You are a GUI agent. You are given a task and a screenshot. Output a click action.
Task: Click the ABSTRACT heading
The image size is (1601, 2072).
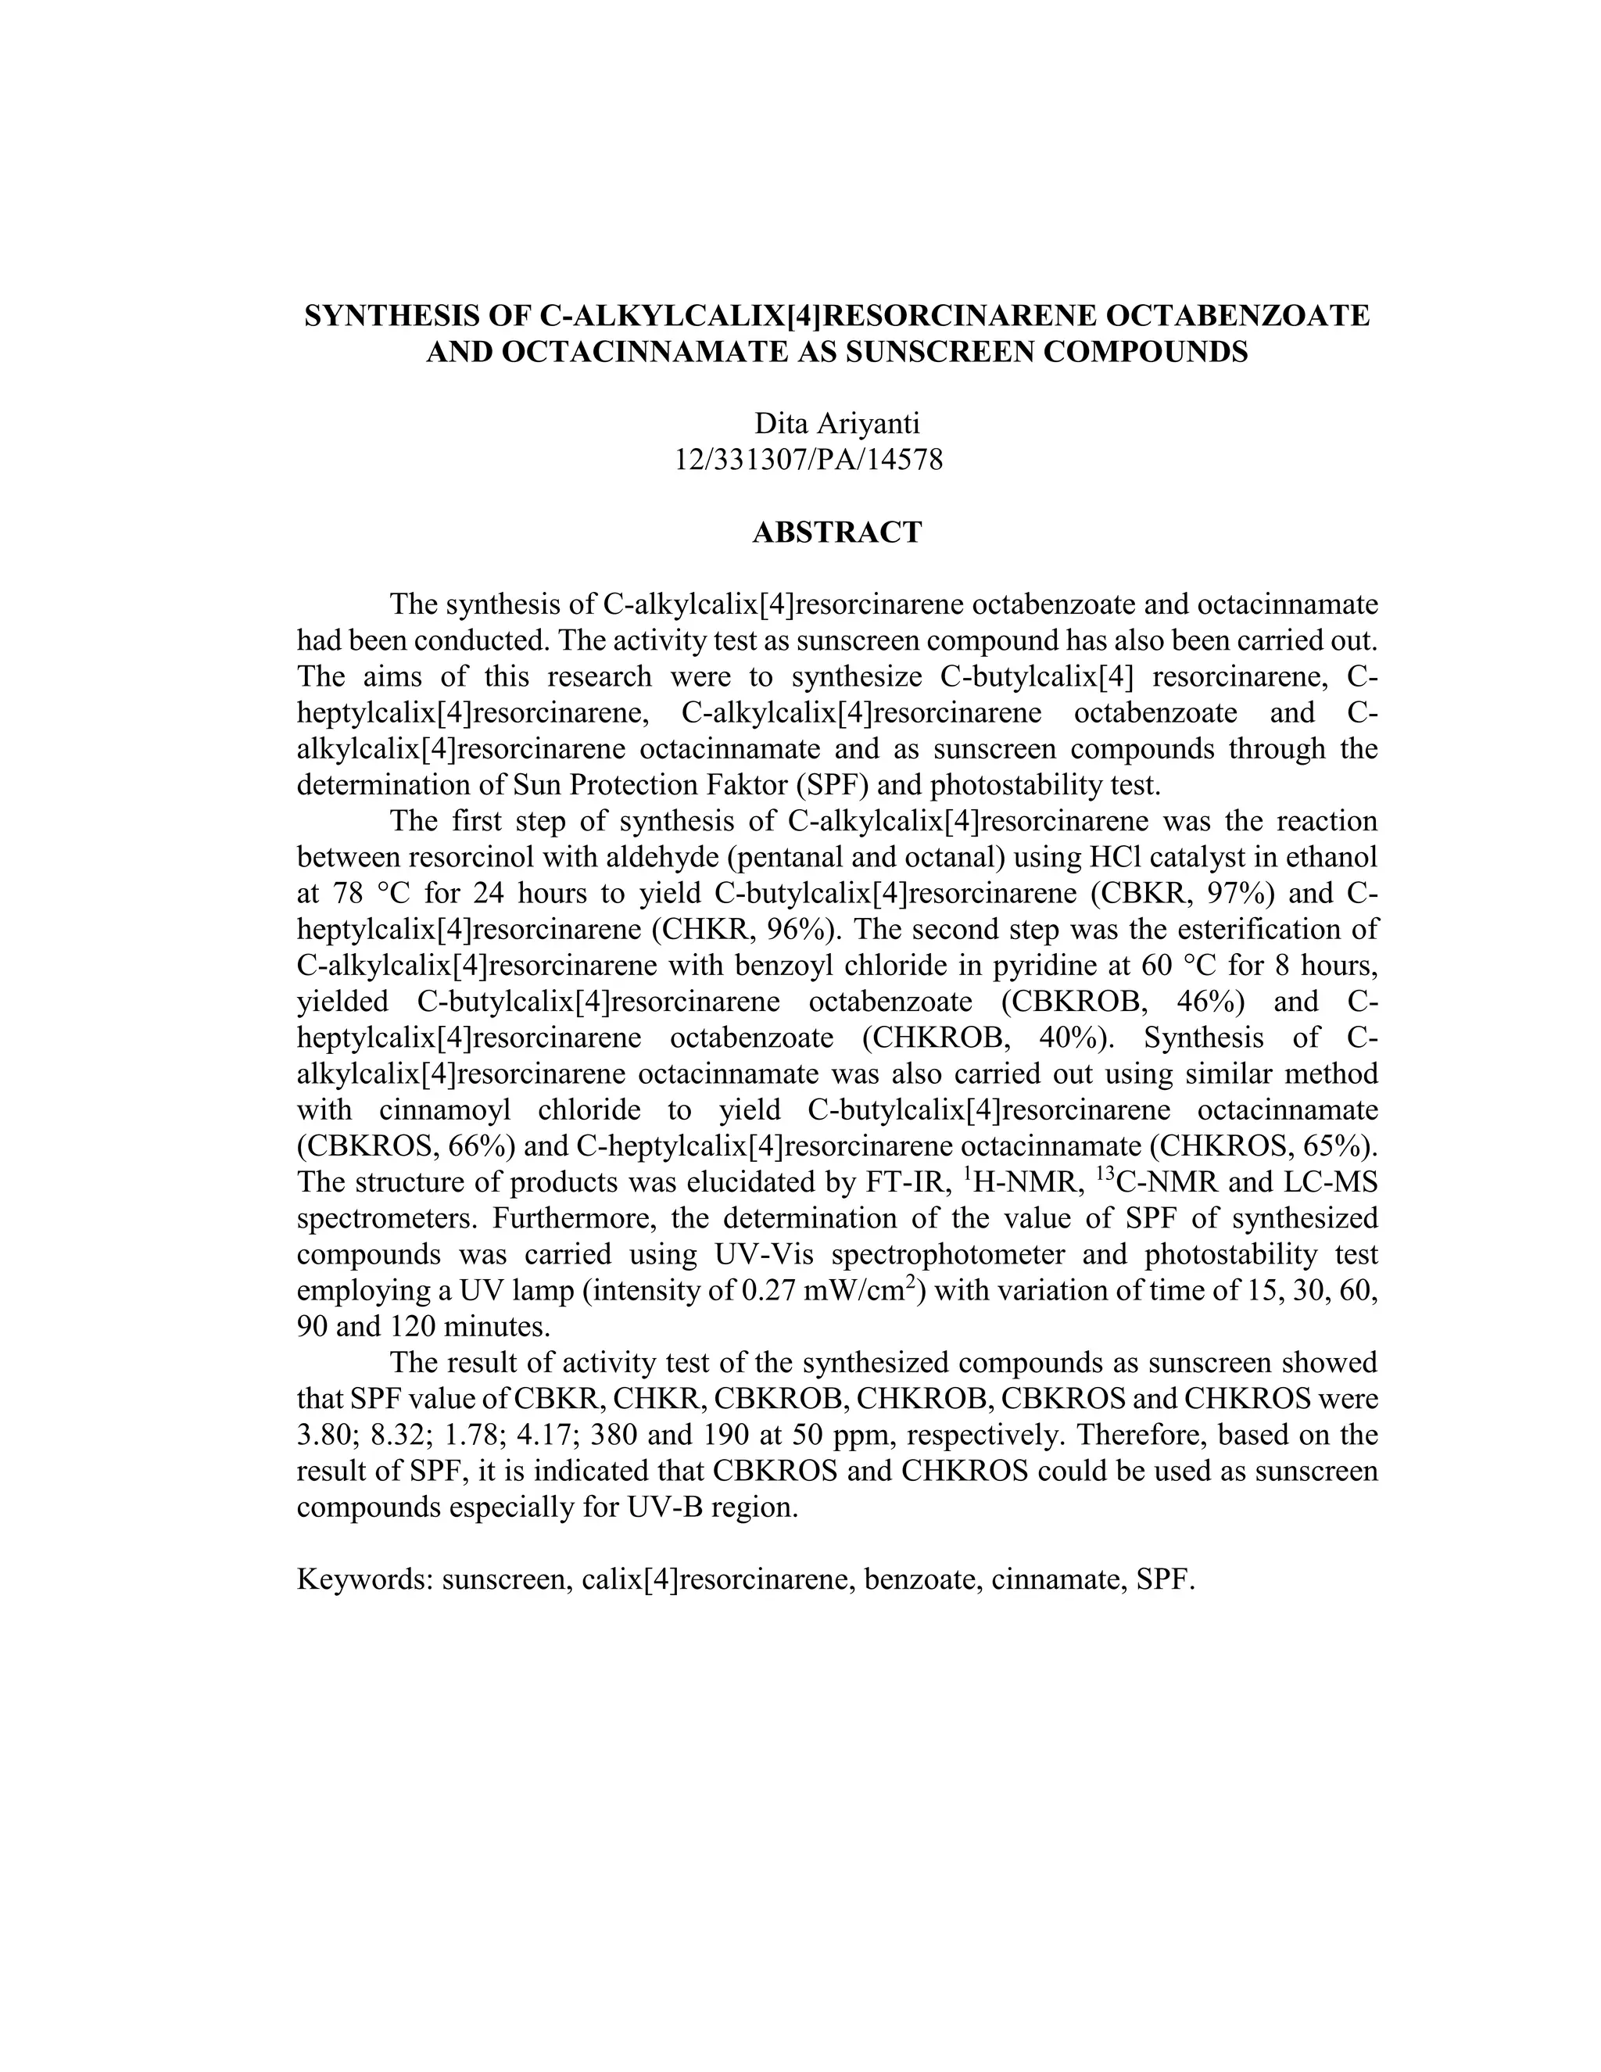836,532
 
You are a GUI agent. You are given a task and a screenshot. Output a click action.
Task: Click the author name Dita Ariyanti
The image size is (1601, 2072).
836,423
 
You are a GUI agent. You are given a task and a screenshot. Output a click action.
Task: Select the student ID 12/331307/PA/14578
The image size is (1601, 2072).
809,460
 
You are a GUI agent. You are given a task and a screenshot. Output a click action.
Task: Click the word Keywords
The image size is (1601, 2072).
365,1579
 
